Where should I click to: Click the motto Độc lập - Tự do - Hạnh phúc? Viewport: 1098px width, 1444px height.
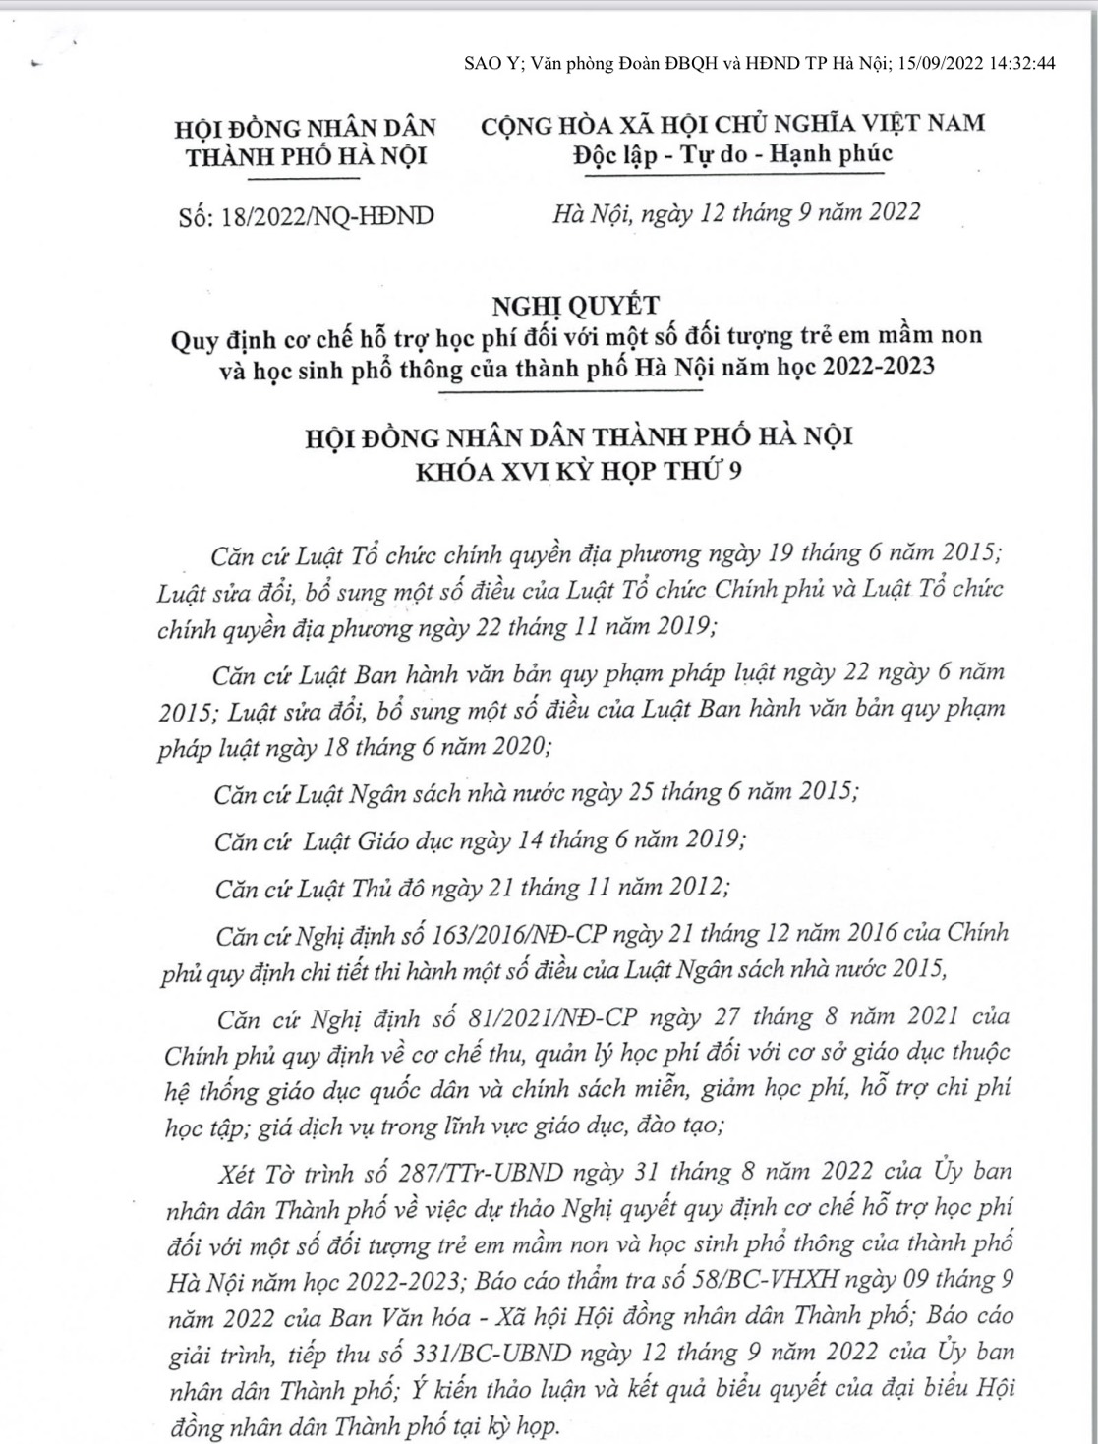point(732,154)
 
